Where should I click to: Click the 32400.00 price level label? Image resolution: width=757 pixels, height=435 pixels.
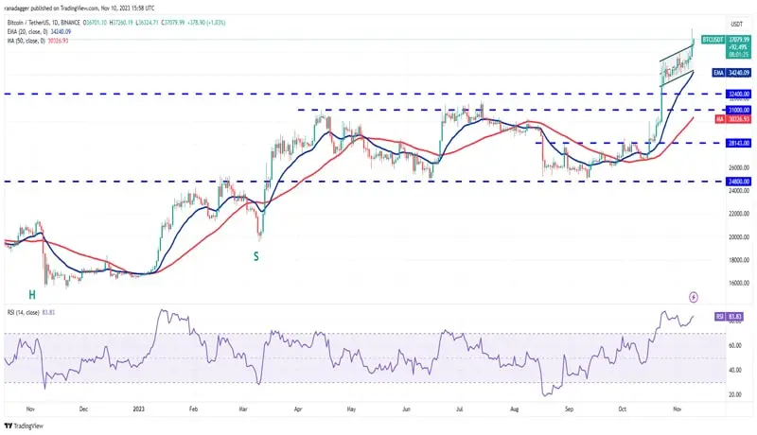pos(738,94)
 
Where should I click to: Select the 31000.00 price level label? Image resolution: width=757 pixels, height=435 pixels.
pos(738,110)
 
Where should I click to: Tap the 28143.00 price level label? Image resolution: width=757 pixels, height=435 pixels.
pos(738,143)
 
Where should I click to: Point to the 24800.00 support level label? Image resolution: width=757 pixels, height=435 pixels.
pos(738,181)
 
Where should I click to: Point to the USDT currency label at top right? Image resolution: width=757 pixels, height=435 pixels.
pos(736,24)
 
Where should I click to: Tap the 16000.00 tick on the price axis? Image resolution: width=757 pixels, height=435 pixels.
pos(737,283)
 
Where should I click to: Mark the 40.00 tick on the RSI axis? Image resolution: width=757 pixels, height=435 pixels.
pos(733,370)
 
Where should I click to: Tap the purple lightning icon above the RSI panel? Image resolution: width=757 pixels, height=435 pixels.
pos(694,296)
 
